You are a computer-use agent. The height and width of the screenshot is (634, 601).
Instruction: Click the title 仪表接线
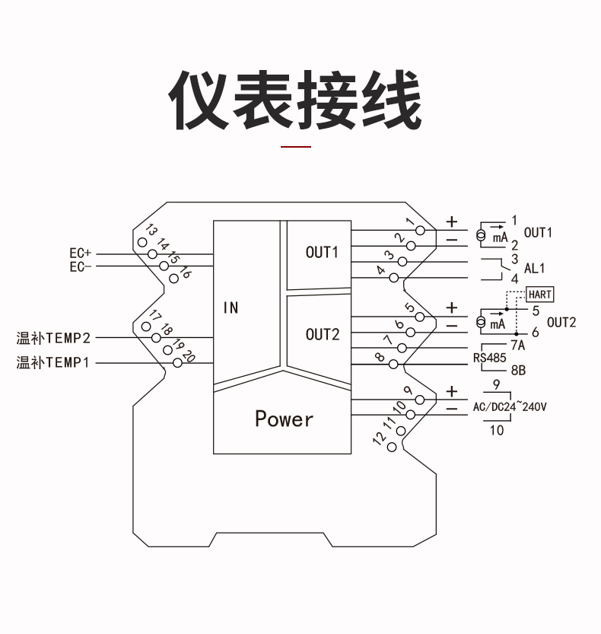(296, 100)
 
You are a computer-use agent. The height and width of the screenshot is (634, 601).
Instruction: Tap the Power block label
(284, 419)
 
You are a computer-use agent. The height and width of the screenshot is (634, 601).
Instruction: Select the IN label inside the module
(231, 308)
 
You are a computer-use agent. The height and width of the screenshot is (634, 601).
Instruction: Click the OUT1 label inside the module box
(322, 252)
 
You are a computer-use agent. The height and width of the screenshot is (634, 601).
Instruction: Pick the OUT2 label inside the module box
(323, 334)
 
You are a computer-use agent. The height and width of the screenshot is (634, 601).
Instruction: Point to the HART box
(540, 295)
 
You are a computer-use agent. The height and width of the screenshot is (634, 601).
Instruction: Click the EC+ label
(80, 253)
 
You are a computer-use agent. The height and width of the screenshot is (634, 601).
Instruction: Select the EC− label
(80, 266)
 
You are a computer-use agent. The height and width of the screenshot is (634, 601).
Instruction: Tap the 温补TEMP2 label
(53, 337)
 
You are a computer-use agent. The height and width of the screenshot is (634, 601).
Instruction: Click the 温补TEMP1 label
(53, 363)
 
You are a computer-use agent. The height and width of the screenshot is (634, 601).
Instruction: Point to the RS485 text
(490, 358)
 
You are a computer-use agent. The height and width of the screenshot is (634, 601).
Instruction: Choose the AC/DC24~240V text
(510, 407)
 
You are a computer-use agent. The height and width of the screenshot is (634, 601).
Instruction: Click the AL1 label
(535, 268)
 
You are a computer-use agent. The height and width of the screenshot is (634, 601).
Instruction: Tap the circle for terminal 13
(142, 241)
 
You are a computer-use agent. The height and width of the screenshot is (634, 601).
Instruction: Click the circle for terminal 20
(178, 363)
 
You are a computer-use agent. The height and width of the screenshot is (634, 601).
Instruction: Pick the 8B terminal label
(518, 371)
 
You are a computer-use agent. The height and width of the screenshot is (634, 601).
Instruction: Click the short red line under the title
(297, 145)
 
